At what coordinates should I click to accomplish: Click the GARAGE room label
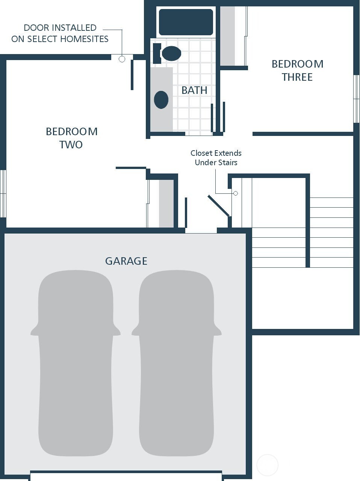point(126,261)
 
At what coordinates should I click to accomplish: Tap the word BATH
point(194,90)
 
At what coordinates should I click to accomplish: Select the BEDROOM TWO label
point(71,138)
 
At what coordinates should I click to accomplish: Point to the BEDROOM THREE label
point(297,70)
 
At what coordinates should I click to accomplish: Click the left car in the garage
point(76,363)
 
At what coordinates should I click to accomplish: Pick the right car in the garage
point(176,363)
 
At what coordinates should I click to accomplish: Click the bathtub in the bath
point(186,22)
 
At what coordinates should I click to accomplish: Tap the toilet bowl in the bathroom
point(171,53)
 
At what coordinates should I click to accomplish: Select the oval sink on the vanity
point(161,100)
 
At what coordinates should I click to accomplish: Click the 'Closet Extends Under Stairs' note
point(216,158)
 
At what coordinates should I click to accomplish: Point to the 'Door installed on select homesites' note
point(60,33)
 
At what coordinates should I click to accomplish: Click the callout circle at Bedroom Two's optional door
point(122,59)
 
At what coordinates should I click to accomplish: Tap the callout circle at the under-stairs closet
point(236,193)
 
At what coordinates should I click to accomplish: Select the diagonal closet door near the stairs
point(219,205)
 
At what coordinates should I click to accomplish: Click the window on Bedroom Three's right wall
point(356,99)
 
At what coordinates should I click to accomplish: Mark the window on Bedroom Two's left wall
point(3,193)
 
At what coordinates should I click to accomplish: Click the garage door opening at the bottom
point(126,476)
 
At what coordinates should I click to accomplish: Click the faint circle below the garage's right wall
point(267,465)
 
